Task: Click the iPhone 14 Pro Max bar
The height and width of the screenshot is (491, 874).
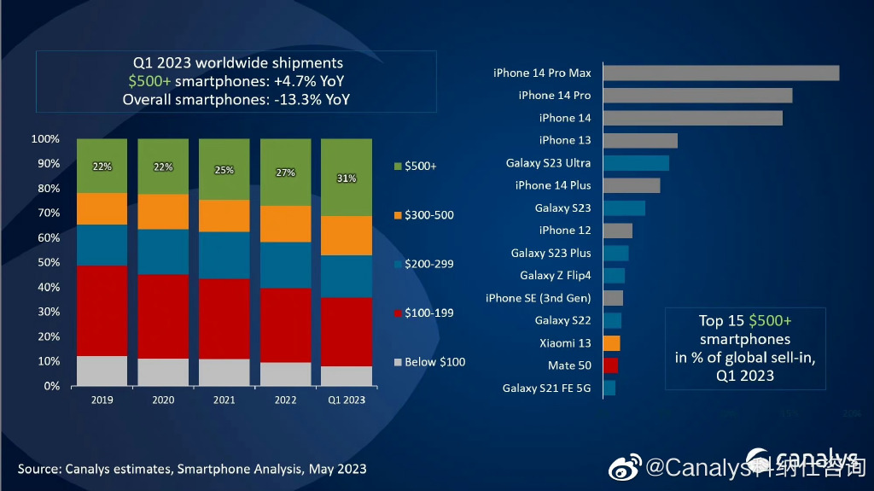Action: click(x=721, y=73)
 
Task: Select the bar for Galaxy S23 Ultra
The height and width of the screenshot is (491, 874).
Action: click(x=636, y=163)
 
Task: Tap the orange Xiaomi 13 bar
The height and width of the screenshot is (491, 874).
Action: click(x=611, y=343)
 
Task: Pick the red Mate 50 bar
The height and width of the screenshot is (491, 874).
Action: click(x=610, y=365)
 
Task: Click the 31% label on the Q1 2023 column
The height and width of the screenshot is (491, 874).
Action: click(x=347, y=178)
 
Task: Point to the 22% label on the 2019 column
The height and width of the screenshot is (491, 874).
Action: click(x=102, y=167)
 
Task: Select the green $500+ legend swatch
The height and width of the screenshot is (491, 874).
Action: click(x=397, y=166)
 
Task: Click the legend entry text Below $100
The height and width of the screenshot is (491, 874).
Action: click(x=435, y=362)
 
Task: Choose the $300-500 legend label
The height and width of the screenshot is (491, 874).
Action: click(x=429, y=215)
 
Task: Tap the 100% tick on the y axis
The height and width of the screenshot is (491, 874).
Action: click(x=45, y=139)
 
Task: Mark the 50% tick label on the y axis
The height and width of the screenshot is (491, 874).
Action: click(x=48, y=263)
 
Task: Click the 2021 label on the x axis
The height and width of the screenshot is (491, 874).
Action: click(x=224, y=400)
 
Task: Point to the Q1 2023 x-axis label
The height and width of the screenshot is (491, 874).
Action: click(x=347, y=400)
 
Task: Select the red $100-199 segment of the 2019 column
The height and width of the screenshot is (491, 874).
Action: click(x=102, y=311)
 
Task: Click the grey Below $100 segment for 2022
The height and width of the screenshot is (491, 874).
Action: click(x=285, y=374)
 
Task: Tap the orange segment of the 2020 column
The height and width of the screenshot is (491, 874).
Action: click(x=163, y=212)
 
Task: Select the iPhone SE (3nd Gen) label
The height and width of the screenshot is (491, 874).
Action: click(x=538, y=298)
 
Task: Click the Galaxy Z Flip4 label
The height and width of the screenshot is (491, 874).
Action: click(x=555, y=275)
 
